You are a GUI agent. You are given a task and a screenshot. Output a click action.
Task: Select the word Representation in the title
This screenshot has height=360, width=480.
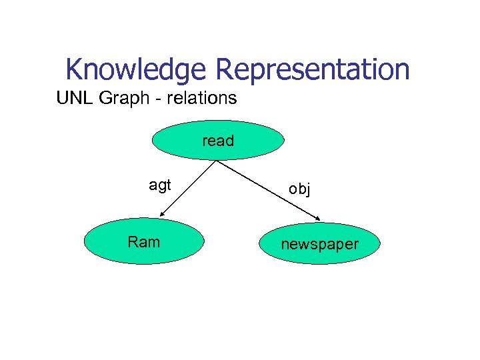pyautogui.click(x=312, y=69)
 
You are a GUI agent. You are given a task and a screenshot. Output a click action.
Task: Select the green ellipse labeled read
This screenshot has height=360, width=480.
pyautogui.click(x=218, y=141)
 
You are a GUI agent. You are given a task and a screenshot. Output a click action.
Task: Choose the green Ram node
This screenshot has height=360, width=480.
pyautogui.click(x=143, y=242)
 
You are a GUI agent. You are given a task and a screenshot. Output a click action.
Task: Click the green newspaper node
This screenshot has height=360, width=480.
pyautogui.click(x=319, y=244)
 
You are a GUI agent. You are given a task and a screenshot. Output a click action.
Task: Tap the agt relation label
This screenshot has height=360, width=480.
pyautogui.click(x=160, y=185)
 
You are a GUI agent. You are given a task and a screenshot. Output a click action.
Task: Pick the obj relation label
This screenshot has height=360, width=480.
pyautogui.click(x=299, y=189)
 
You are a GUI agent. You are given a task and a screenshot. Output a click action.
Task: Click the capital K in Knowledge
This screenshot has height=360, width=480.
pyautogui.click(x=74, y=69)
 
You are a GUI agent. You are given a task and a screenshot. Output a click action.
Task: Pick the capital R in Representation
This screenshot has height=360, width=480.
pyautogui.click(x=224, y=69)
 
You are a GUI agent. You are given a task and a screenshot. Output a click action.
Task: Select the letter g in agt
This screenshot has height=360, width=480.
pyautogui.click(x=160, y=187)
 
